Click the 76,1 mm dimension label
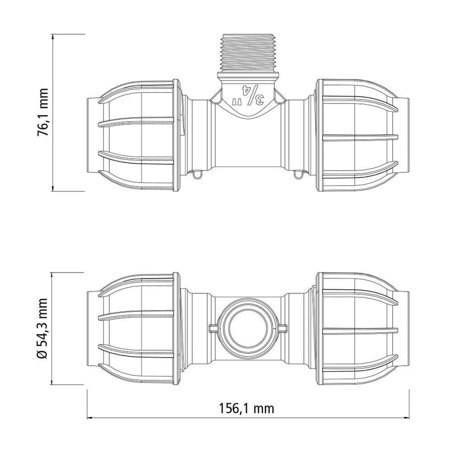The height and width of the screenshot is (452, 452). coord(43,113)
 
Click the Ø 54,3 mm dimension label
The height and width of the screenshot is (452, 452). coord(43,328)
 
